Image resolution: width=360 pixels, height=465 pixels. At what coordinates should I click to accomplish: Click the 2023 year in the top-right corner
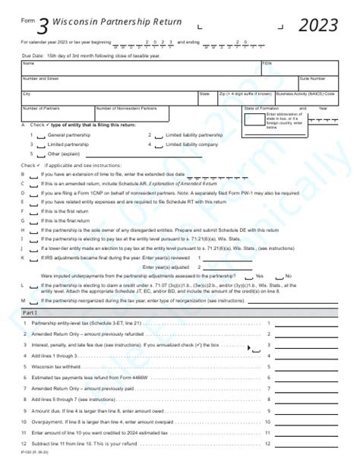tap(318, 26)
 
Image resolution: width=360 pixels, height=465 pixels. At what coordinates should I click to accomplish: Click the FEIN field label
tap(267, 63)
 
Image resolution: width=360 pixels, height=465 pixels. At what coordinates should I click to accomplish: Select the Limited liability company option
tap(191, 144)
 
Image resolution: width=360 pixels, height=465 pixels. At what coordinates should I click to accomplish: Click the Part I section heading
tap(30, 312)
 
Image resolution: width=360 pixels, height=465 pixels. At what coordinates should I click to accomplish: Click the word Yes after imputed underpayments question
tap(260, 276)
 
